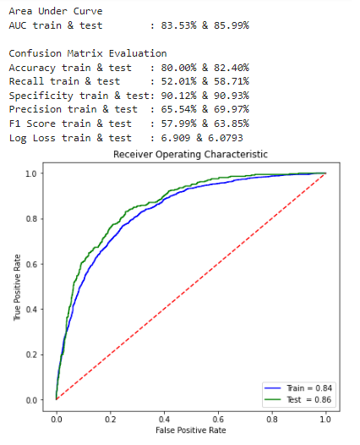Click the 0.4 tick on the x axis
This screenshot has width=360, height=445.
coord(164,417)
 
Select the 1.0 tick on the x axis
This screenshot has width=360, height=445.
coord(325,417)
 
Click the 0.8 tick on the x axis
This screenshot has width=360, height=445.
coord(271,417)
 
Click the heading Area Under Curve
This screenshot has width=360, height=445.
coord(56,11)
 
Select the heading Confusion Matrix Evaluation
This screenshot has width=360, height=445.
coord(87,53)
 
